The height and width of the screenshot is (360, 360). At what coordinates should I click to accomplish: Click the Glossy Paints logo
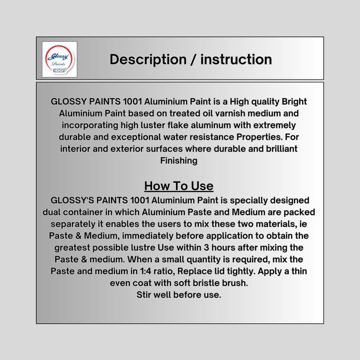click(x=59, y=59)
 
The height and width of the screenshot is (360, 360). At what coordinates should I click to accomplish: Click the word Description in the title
click(x=148, y=59)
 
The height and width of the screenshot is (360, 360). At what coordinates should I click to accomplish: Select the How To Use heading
click(x=179, y=186)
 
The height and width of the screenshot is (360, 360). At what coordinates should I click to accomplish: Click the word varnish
click(x=227, y=113)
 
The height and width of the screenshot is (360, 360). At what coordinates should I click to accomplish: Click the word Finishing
click(x=179, y=161)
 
